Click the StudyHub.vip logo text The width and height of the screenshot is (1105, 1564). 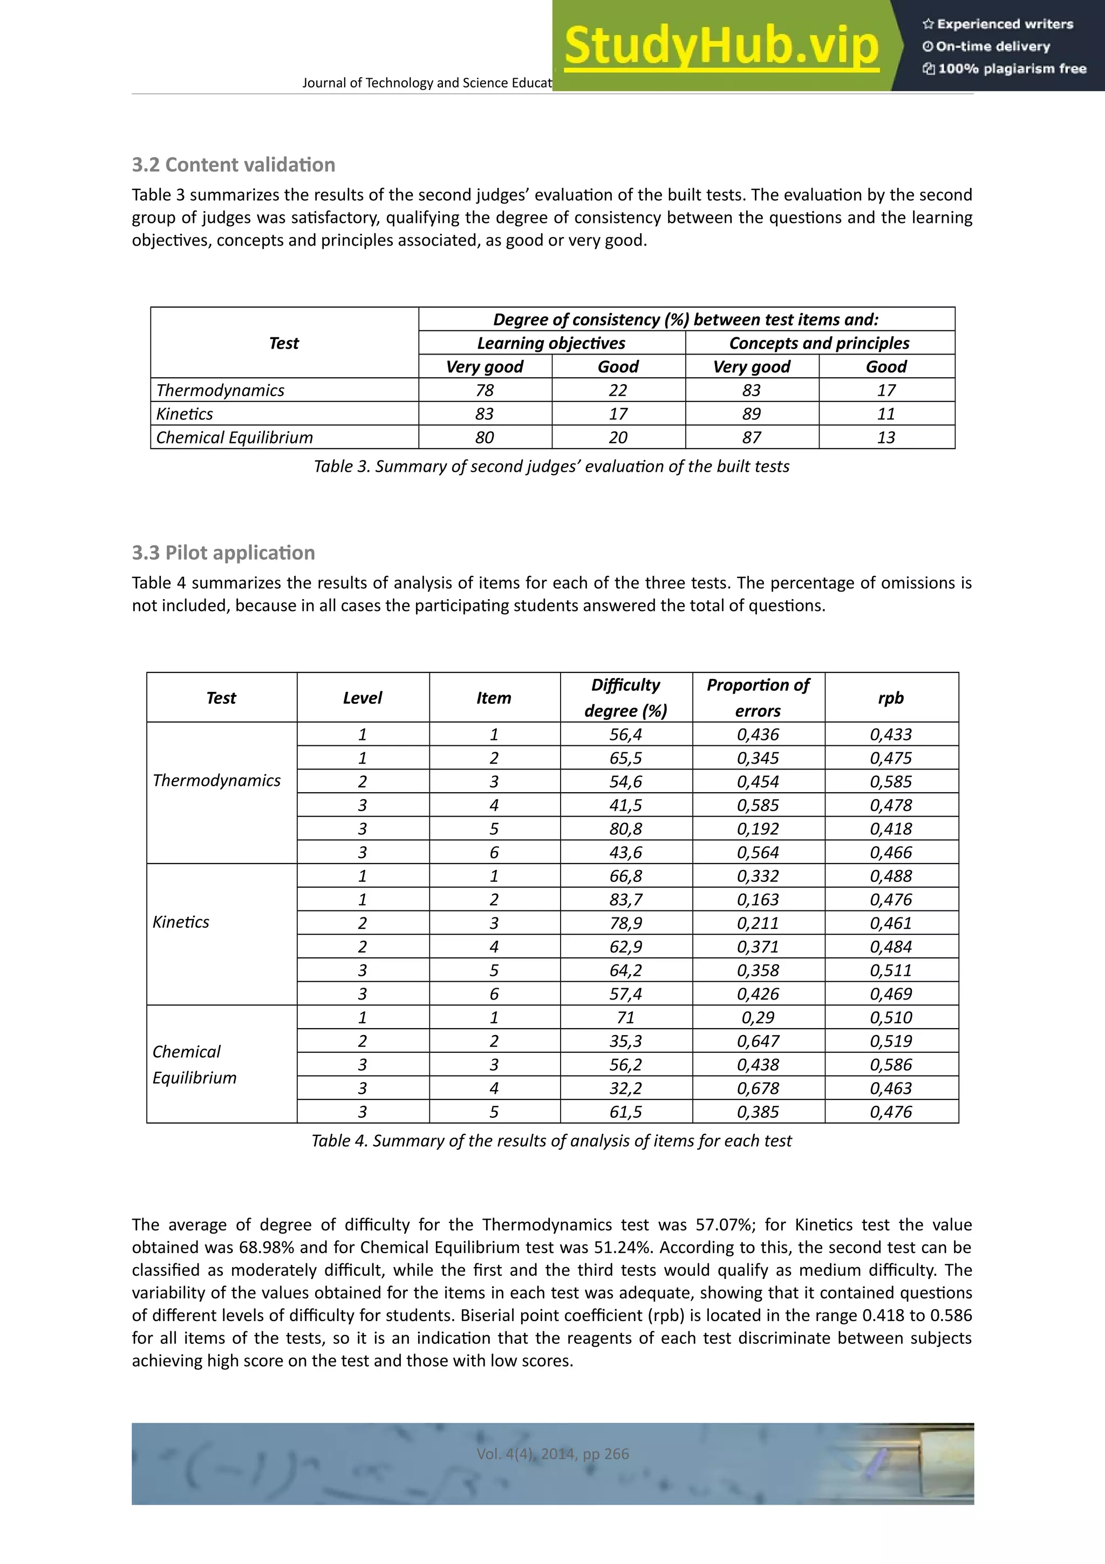(x=722, y=46)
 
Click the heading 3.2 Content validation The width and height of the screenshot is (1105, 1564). (x=234, y=165)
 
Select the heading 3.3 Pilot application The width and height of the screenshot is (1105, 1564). (x=223, y=553)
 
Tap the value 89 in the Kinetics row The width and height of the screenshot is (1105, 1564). (x=752, y=414)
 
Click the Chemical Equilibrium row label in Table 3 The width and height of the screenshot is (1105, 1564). (x=234, y=437)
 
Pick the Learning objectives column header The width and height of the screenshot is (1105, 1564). (x=551, y=343)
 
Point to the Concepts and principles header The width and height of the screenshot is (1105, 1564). (x=819, y=343)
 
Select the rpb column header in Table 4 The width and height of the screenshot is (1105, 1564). (x=891, y=697)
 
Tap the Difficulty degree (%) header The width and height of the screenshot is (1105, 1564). (x=626, y=697)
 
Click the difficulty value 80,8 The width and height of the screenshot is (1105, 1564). (x=626, y=829)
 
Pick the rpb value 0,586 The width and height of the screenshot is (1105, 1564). (x=891, y=1065)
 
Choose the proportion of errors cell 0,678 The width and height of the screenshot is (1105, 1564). (x=758, y=1089)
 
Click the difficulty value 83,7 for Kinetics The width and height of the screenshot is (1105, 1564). (x=626, y=900)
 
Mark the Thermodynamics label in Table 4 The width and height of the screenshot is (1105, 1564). (x=216, y=780)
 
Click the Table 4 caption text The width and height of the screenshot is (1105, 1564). (x=551, y=1141)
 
